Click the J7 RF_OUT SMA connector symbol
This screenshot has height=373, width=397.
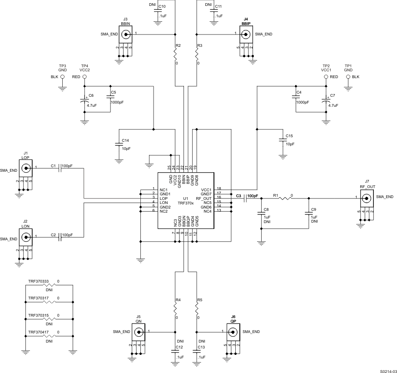click(x=367, y=197)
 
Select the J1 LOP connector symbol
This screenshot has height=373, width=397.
click(x=26, y=169)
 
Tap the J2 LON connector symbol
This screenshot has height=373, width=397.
click(x=26, y=237)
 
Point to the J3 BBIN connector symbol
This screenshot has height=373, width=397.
click(x=125, y=34)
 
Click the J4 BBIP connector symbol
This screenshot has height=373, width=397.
click(x=246, y=34)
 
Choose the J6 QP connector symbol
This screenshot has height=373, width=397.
click(x=233, y=332)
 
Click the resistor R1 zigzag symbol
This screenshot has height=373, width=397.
click(x=285, y=198)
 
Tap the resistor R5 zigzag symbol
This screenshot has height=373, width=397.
click(x=197, y=308)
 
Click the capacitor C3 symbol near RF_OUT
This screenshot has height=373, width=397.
click(x=246, y=198)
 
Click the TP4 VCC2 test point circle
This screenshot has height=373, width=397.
click(x=84, y=77)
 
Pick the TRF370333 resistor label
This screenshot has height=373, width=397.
click(x=38, y=282)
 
